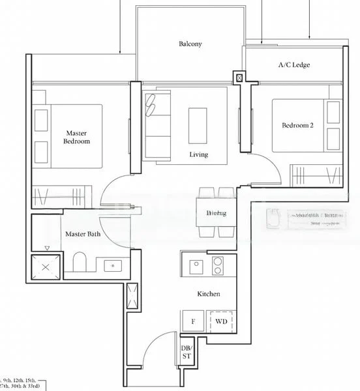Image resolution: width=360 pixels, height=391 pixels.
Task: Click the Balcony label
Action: point(190,44)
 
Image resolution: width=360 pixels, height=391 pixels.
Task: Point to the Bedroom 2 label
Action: point(297,125)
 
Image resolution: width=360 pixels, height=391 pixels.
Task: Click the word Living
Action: point(199,154)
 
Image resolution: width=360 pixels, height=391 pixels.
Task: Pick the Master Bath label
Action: point(82,234)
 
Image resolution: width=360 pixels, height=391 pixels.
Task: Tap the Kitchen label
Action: point(209,294)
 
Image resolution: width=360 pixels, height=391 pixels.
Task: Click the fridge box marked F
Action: point(193,321)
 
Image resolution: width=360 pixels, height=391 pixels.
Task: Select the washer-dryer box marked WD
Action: point(220,321)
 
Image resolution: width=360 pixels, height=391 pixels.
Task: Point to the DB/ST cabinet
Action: point(187,352)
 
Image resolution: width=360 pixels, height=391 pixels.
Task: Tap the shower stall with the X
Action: point(46,267)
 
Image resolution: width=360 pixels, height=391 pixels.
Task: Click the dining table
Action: point(215,213)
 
